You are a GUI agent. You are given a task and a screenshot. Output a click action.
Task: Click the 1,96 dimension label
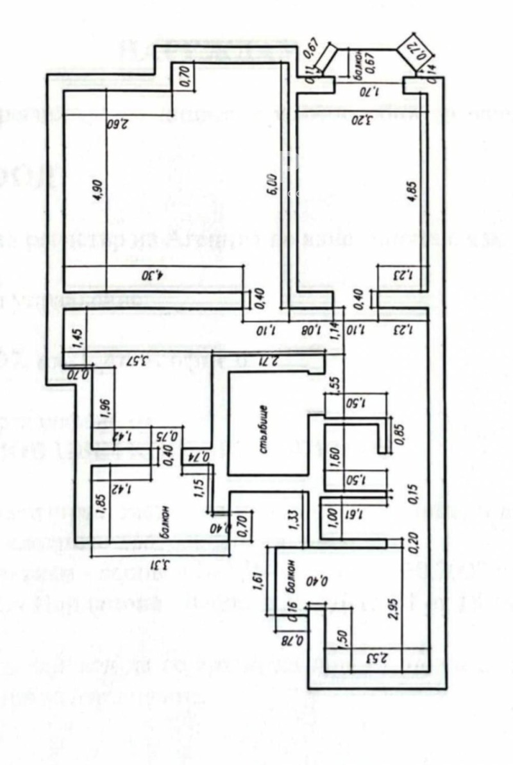(106, 408)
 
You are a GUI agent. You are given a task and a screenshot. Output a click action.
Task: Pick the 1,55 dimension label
(333, 383)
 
